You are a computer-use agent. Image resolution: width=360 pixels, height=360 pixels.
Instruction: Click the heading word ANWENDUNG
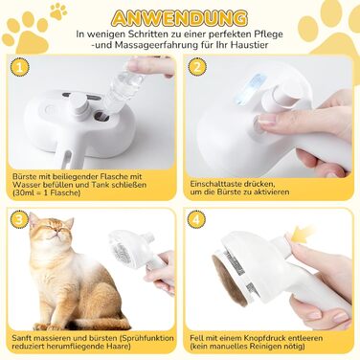click(180, 18)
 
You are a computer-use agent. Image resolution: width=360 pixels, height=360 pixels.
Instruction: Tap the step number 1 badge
click(20, 67)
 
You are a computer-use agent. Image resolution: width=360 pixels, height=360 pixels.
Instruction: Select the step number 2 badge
click(197, 67)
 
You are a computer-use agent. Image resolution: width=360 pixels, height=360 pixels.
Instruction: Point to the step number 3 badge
click(20, 219)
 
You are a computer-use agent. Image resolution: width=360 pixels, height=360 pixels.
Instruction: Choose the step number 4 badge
click(196, 219)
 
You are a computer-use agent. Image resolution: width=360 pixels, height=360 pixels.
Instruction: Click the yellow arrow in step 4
click(303, 233)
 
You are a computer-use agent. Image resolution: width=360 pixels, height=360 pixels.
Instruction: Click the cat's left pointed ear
click(34, 218)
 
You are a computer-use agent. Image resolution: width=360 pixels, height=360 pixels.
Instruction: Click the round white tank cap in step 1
click(79, 103)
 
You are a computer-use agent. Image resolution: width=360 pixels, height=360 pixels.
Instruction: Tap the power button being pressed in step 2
click(258, 125)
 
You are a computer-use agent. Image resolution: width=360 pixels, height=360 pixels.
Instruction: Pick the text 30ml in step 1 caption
click(24, 192)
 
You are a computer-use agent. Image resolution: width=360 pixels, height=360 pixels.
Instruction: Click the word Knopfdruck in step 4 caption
click(267, 338)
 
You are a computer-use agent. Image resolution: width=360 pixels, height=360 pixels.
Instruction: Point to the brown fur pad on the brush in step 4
click(228, 280)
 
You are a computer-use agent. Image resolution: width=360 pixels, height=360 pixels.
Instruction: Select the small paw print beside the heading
click(58, 11)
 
